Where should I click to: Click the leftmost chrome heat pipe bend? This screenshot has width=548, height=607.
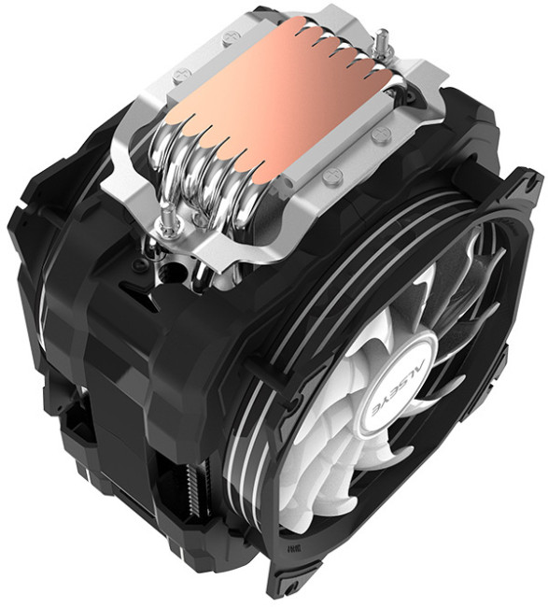168,173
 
